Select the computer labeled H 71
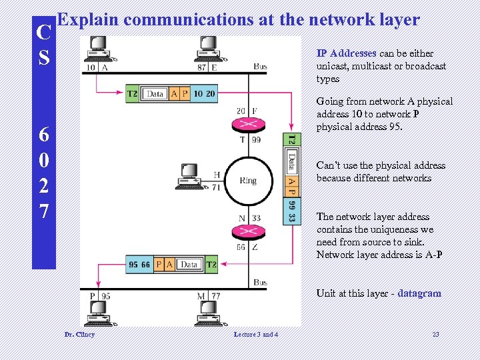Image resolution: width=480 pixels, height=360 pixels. (x=191, y=177)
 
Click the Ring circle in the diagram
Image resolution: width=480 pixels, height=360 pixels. (x=247, y=181)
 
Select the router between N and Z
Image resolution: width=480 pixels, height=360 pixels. (x=247, y=232)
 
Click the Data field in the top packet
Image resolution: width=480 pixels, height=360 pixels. (x=155, y=94)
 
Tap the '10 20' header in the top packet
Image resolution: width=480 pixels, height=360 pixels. (x=204, y=94)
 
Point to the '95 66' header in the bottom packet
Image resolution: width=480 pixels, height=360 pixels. (x=140, y=265)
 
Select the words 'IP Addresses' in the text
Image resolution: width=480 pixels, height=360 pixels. (x=346, y=53)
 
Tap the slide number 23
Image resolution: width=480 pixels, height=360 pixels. (x=435, y=334)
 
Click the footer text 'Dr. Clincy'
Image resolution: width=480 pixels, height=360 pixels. (x=79, y=334)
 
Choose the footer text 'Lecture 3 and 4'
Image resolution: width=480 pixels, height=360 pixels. (x=257, y=334)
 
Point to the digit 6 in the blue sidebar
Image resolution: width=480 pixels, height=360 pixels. (x=43, y=134)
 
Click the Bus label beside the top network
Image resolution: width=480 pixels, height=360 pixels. (x=260, y=67)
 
